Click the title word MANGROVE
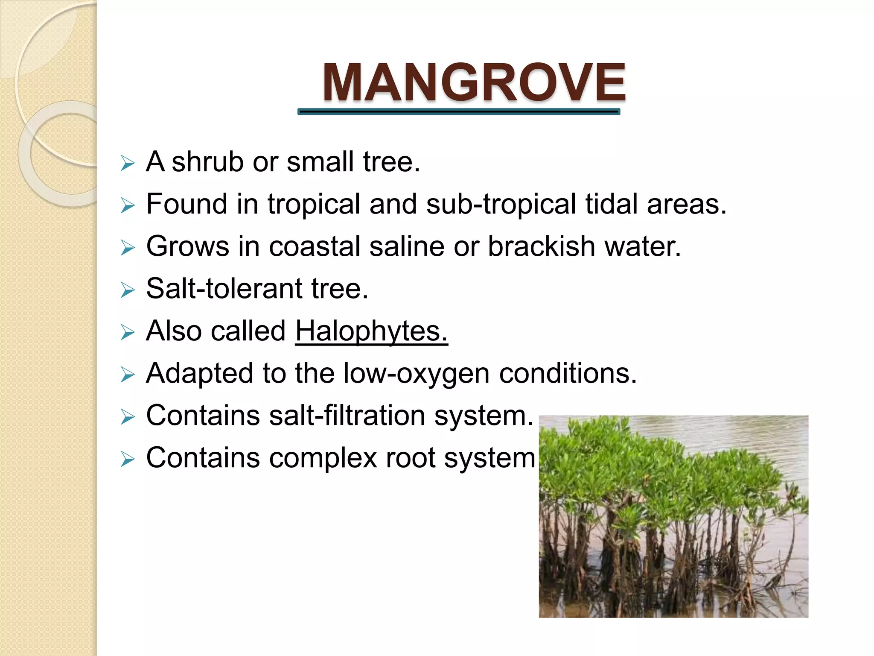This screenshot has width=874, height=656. (474, 82)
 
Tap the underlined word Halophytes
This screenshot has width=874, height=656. (371, 331)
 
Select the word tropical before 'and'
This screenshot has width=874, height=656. (314, 204)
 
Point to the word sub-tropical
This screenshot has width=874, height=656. (501, 204)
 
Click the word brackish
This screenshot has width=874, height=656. (541, 246)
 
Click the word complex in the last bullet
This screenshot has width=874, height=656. (323, 458)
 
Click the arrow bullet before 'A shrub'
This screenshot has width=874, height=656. (128, 163)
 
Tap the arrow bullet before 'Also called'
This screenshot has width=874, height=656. (128, 332)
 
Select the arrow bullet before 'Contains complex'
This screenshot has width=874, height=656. (128, 460)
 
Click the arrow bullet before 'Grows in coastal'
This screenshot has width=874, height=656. (128, 248)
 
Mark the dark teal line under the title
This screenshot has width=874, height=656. (459, 112)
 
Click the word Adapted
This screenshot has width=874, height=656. (199, 374)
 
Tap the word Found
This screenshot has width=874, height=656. (186, 204)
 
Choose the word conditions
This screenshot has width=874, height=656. (568, 374)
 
